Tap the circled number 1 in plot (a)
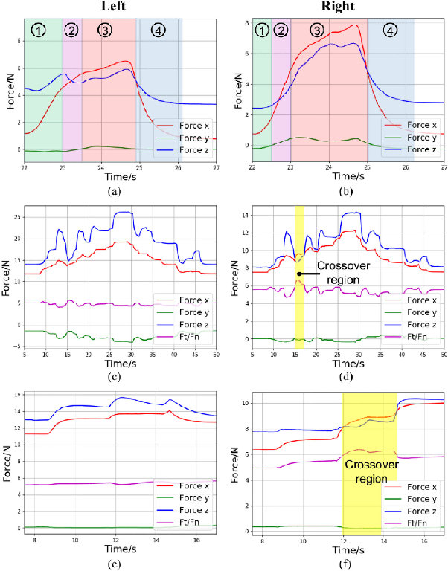40,29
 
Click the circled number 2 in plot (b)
281,30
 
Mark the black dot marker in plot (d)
299,274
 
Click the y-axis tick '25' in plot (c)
18,216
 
